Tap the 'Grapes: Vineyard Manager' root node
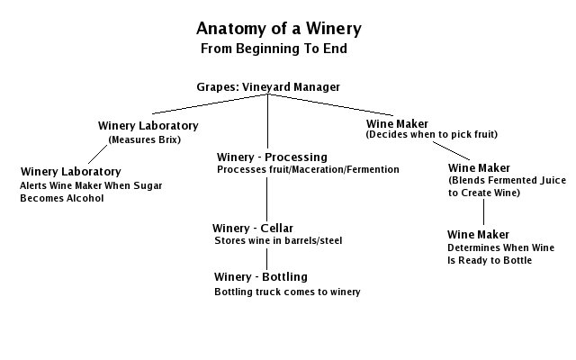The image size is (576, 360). [x=268, y=87]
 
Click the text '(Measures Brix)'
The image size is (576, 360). [x=144, y=140]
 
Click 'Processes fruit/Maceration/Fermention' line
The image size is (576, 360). [x=307, y=169]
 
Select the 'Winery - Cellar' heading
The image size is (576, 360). [x=253, y=228]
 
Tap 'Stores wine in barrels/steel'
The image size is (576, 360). [x=278, y=241]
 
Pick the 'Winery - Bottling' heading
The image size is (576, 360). [x=261, y=276]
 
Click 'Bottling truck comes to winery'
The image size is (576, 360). [x=287, y=292]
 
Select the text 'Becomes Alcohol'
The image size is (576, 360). [x=62, y=198]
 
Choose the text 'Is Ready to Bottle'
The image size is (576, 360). [x=490, y=260]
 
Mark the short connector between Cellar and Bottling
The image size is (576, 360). [x=266, y=256]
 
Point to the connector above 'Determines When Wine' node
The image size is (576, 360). [x=484, y=212]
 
